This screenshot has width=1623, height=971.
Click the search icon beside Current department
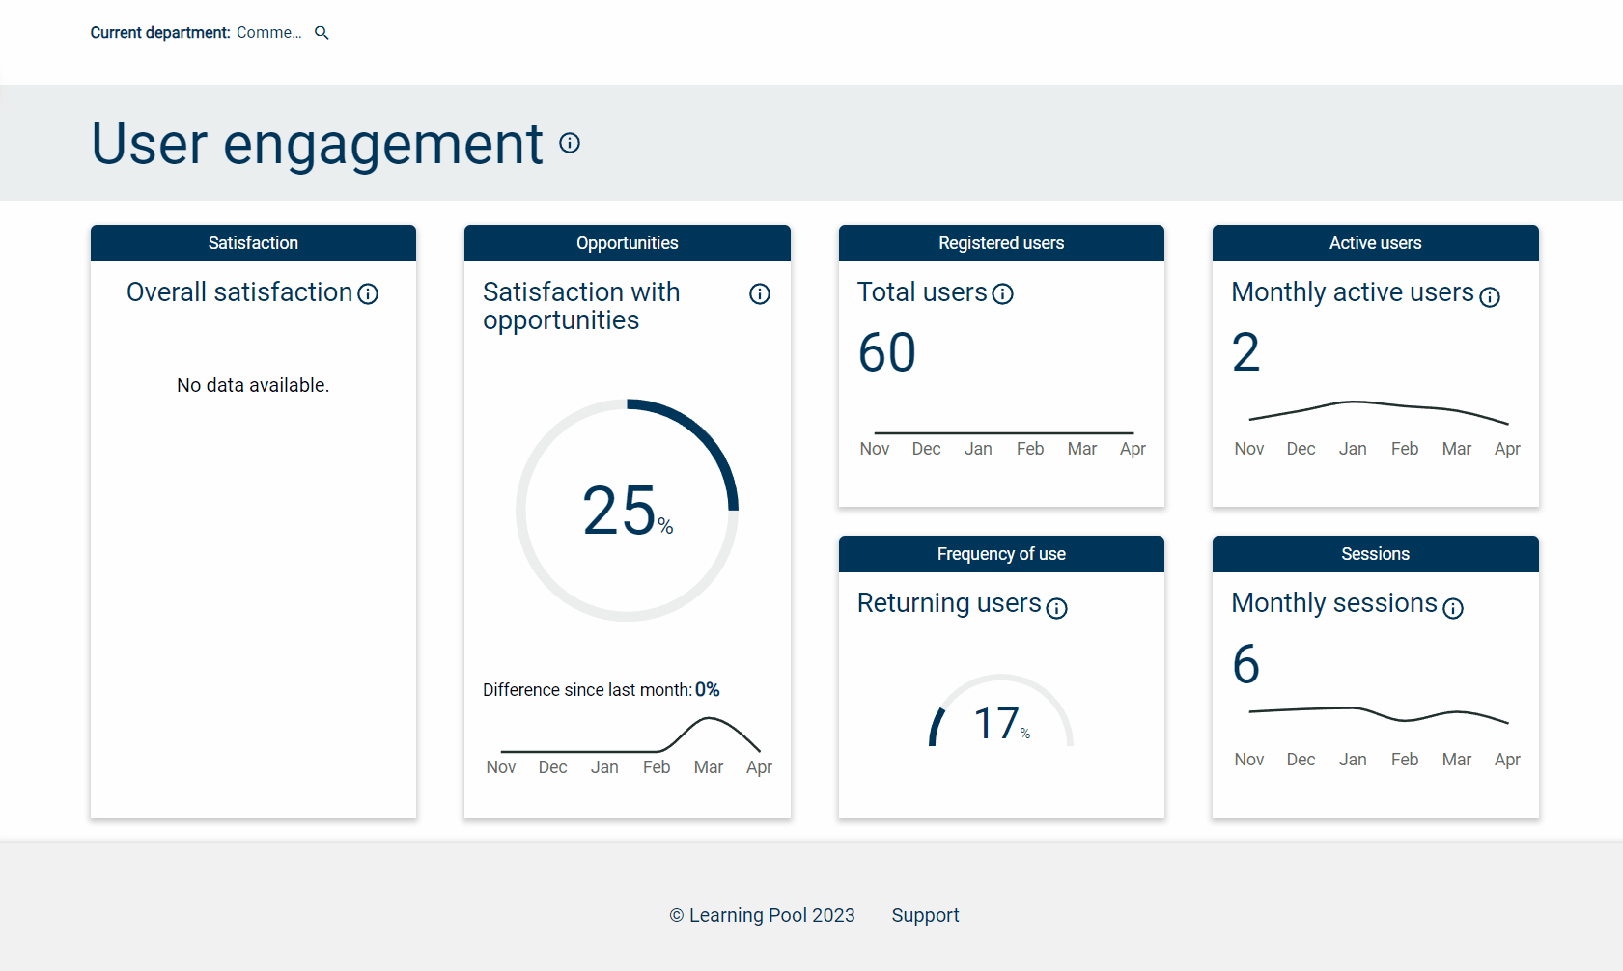click(322, 33)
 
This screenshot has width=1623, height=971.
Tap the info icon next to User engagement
click(570, 143)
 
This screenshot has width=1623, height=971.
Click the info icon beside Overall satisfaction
click(368, 294)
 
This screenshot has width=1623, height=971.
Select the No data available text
click(253, 385)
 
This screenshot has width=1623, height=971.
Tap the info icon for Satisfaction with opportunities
click(760, 294)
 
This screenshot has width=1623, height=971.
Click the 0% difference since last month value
click(707, 690)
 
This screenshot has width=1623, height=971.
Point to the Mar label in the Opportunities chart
click(708, 767)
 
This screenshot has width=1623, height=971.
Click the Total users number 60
click(886, 353)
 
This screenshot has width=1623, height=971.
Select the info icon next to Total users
click(1003, 294)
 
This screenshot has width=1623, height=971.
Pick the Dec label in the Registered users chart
click(926, 449)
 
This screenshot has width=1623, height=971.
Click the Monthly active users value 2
click(1245, 353)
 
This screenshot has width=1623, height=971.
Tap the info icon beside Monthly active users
click(1490, 297)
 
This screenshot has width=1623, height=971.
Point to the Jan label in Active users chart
click(1352, 449)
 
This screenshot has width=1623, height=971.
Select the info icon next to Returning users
click(1057, 608)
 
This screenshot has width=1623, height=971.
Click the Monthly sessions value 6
click(1245, 664)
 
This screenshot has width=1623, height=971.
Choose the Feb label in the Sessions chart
click(1404, 760)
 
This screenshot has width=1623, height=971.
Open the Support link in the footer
click(925, 915)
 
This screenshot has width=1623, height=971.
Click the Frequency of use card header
click(1001, 554)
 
